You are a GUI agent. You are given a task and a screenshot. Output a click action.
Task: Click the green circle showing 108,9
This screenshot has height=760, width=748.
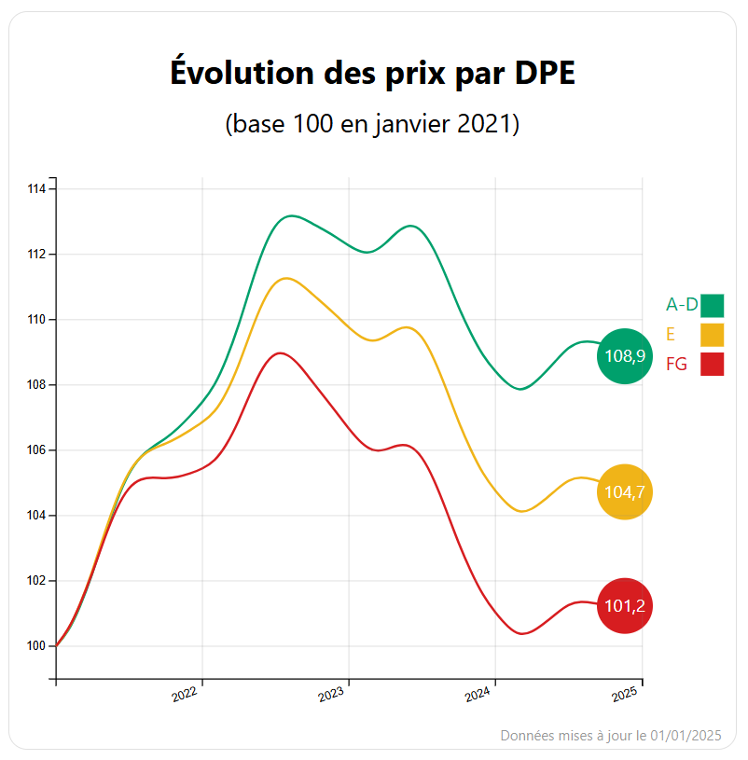(x=625, y=356)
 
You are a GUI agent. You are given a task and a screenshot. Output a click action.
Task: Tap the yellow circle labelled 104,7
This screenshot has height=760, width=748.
(x=625, y=491)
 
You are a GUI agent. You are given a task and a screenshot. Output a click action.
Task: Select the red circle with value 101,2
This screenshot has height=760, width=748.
(x=625, y=606)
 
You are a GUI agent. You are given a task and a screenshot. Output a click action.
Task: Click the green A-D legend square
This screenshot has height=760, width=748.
(x=713, y=305)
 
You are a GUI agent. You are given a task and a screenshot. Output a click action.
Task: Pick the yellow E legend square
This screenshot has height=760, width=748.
(x=713, y=334)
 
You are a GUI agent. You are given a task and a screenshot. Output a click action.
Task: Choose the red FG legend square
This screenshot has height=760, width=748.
(x=713, y=364)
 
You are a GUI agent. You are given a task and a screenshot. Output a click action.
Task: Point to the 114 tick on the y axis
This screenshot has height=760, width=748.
(x=36, y=189)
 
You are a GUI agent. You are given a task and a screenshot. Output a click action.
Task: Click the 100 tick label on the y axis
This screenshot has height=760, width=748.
(x=36, y=646)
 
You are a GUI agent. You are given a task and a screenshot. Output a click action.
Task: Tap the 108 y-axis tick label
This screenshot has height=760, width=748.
(x=36, y=385)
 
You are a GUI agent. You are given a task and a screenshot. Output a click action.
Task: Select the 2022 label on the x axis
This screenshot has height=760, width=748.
(x=186, y=694)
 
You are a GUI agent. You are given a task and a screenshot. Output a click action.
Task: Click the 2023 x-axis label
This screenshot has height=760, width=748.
(x=332, y=694)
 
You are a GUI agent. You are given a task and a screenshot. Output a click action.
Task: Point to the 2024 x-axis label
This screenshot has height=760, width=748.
(x=478, y=694)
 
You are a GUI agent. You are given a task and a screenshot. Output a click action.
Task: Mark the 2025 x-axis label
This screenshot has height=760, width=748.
(x=625, y=694)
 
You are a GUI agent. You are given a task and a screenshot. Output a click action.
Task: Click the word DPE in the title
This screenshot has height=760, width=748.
(x=545, y=73)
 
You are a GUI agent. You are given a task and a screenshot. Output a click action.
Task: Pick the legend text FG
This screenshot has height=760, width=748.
(x=676, y=365)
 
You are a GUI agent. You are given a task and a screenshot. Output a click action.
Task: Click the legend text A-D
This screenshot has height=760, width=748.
(x=682, y=305)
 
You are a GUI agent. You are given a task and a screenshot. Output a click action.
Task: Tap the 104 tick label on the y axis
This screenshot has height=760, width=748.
(x=36, y=516)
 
